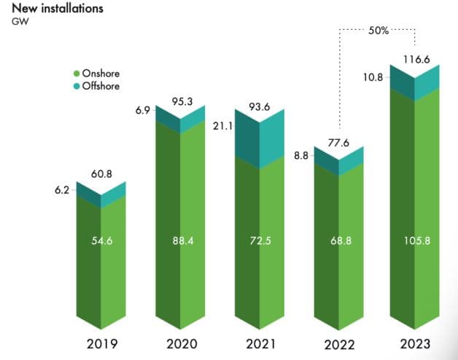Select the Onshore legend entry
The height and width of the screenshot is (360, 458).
tap(101, 74)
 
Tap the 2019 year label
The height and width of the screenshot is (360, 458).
tap(101, 343)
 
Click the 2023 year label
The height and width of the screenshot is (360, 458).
tap(415, 343)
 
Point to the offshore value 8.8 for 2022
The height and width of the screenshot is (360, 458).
tap(300, 154)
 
